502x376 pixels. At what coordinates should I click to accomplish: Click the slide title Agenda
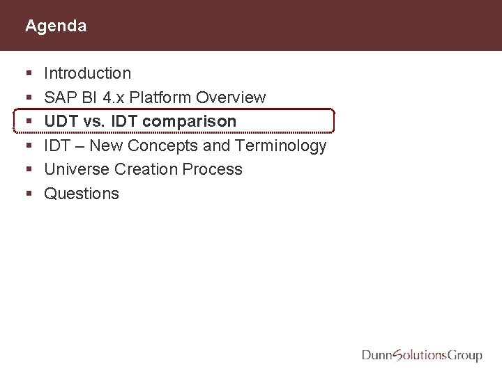56,26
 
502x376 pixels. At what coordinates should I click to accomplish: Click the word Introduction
87,73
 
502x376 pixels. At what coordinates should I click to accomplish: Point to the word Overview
231,97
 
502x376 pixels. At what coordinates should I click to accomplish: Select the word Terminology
282,146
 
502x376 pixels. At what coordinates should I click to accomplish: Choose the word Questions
82,194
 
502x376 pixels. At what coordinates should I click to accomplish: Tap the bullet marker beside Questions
26,194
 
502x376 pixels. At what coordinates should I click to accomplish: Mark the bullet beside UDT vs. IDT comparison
26,122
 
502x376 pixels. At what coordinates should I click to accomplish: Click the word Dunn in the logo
378,356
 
